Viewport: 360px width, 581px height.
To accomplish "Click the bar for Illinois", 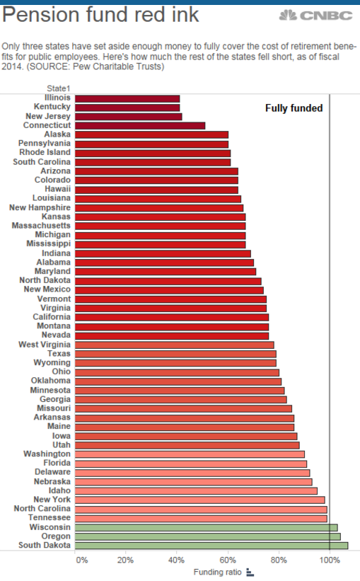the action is tap(127, 98).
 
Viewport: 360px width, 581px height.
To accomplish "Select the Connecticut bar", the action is tap(140, 125).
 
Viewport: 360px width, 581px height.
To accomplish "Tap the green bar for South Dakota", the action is tap(211, 546).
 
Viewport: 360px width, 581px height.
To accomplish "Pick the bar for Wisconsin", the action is tap(207, 527).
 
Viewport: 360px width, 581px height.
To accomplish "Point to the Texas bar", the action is tap(175, 354).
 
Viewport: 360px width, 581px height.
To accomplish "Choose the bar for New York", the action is tap(200, 500).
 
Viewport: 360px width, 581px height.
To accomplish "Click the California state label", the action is tap(52, 317).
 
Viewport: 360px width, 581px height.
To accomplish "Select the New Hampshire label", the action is tap(40, 207).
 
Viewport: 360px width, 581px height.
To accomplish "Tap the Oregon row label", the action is tap(56, 536).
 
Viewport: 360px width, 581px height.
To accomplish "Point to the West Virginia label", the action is tap(45, 344).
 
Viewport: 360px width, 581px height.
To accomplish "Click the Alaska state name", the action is tap(57, 134).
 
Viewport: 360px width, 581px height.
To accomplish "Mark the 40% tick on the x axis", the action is tap(176, 560).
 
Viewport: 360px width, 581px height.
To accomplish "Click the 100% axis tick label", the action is tap(330, 560).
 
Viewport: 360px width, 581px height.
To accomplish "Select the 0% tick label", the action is tap(82, 560).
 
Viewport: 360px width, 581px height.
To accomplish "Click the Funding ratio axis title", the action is tap(217, 572).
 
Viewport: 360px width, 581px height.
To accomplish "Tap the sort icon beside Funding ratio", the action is tap(250, 573).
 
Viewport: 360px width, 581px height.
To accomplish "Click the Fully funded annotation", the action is tap(294, 108).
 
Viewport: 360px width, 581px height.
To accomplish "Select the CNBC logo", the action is tap(315, 15).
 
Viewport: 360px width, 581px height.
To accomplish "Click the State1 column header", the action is tap(59, 88).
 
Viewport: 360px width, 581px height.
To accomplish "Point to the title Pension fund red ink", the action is tap(100, 15).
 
